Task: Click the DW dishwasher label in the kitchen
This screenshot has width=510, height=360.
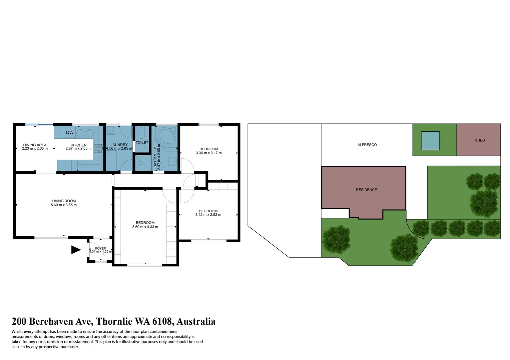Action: click(x=70, y=132)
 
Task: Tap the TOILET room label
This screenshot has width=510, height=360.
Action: click(x=142, y=143)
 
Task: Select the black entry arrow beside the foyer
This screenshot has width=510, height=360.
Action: click(x=76, y=250)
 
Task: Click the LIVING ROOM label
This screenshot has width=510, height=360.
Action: click(x=64, y=201)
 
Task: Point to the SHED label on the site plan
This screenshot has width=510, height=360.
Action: click(x=480, y=140)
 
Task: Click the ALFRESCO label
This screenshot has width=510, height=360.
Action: click(x=367, y=145)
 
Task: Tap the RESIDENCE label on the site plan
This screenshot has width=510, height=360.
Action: click(x=366, y=190)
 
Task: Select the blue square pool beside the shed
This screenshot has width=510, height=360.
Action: click(x=430, y=141)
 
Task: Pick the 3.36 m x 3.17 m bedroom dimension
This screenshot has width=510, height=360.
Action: click(x=209, y=153)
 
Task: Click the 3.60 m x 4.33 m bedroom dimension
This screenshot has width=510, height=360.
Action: click(x=145, y=227)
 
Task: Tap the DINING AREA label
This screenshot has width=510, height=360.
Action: click(x=35, y=145)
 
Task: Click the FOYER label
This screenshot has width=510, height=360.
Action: click(x=100, y=248)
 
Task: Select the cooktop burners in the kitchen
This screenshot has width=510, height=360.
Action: click(x=98, y=148)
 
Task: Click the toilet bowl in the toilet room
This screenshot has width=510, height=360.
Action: click(x=141, y=134)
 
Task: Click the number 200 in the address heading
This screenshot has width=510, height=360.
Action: click(x=19, y=321)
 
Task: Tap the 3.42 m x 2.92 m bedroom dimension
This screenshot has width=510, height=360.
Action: click(x=208, y=215)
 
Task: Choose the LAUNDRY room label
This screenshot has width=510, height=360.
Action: click(x=119, y=145)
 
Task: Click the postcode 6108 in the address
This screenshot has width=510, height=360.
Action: click(x=162, y=321)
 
